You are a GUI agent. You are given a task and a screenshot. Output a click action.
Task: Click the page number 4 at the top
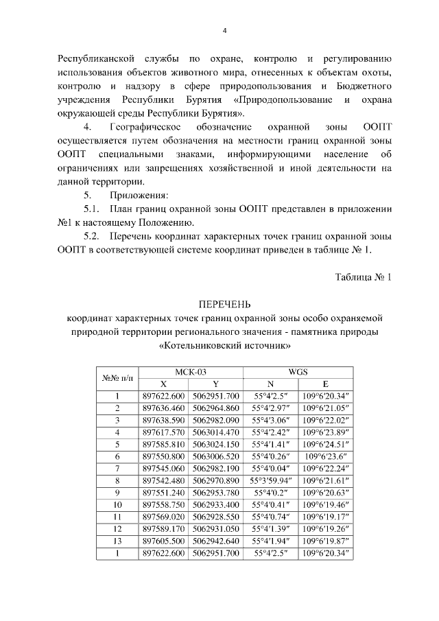tap(224, 30)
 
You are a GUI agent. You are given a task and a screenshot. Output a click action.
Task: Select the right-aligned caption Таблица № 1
tap(363, 277)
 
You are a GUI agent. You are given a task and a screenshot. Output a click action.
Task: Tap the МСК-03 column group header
tap(191, 371)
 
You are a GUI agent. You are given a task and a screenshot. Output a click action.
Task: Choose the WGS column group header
tap(298, 371)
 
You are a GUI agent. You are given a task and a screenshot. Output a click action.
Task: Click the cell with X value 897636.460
tap(164, 408)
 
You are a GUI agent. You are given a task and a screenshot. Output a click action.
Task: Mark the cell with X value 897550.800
tap(164, 456)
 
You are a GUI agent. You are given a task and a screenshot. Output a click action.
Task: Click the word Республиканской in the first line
tap(93, 56)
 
